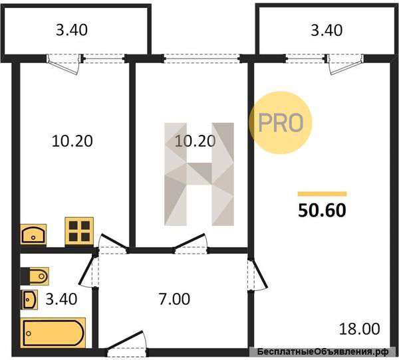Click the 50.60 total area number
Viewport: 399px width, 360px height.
322,211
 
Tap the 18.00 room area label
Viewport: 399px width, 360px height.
360,329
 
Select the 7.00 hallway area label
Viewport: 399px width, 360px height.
174,299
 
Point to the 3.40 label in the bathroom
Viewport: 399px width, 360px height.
61,299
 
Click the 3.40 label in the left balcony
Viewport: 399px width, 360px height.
72,30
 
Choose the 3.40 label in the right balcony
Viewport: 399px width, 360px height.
327,31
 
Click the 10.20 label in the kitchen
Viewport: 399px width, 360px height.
72,141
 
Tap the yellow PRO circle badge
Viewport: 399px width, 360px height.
280,123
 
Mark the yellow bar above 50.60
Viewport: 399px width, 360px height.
322,194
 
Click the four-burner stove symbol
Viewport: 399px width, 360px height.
79,231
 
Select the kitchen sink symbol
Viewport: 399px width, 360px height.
33,234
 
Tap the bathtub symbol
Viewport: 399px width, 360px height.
53,333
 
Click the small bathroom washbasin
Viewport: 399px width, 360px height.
29,300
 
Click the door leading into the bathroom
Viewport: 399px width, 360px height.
88,269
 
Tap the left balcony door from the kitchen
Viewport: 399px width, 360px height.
65,64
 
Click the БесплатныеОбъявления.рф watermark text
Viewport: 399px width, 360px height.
323,352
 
